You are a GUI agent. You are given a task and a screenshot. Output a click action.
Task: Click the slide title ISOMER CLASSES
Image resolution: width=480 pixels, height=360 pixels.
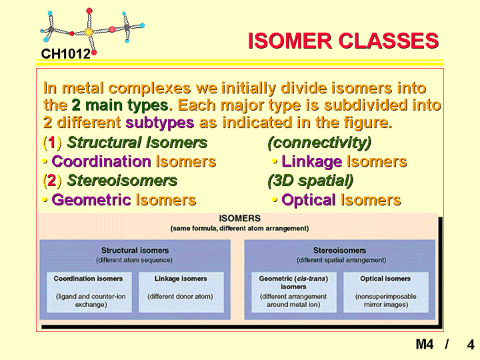(x=343, y=41)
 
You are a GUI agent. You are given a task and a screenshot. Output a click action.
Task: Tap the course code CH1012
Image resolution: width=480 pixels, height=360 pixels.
(x=65, y=54)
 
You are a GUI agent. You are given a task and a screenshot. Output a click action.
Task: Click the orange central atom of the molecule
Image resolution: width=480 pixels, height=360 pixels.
(x=89, y=32)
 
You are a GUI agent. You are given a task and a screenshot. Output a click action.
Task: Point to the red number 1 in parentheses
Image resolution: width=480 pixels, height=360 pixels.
(x=52, y=143)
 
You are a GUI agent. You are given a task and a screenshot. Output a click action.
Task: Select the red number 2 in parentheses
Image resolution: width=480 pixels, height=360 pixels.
(x=52, y=181)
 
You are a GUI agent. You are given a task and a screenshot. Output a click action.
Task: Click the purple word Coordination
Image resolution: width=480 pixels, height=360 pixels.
(x=101, y=161)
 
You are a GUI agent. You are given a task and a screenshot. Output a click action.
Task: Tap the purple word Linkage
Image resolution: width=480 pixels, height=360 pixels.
(x=311, y=162)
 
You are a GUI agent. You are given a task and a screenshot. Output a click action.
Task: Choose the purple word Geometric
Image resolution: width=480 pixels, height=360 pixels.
(x=91, y=200)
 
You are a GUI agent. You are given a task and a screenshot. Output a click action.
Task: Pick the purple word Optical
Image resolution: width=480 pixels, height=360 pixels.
(x=309, y=201)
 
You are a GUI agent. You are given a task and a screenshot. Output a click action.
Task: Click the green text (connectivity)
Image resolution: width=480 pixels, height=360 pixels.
(x=319, y=143)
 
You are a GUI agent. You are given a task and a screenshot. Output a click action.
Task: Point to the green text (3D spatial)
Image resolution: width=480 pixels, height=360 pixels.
(x=311, y=181)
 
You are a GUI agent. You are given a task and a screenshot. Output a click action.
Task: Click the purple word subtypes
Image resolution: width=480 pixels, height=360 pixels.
(x=160, y=123)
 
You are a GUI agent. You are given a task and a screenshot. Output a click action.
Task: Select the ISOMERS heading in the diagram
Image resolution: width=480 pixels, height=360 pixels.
(x=240, y=218)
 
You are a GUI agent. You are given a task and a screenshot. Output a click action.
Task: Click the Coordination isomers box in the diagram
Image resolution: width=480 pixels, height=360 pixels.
(x=89, y=292)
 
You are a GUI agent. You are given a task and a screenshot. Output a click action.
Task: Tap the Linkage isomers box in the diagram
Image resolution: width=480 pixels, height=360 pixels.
(x=181, y=292)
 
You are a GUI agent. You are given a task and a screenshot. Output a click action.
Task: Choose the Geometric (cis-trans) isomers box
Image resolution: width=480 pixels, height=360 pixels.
(x=294, y=292)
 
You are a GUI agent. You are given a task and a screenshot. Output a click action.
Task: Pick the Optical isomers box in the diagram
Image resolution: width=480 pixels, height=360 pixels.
(x=386, y=292)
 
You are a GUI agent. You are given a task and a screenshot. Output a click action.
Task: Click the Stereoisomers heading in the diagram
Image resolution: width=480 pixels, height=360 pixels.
(x=339, y=251)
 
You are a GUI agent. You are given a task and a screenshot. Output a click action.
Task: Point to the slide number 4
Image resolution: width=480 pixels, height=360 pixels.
(x=471, y=345)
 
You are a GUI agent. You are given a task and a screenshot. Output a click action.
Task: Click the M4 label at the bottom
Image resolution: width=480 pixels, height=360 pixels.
(x=425, y=344)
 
